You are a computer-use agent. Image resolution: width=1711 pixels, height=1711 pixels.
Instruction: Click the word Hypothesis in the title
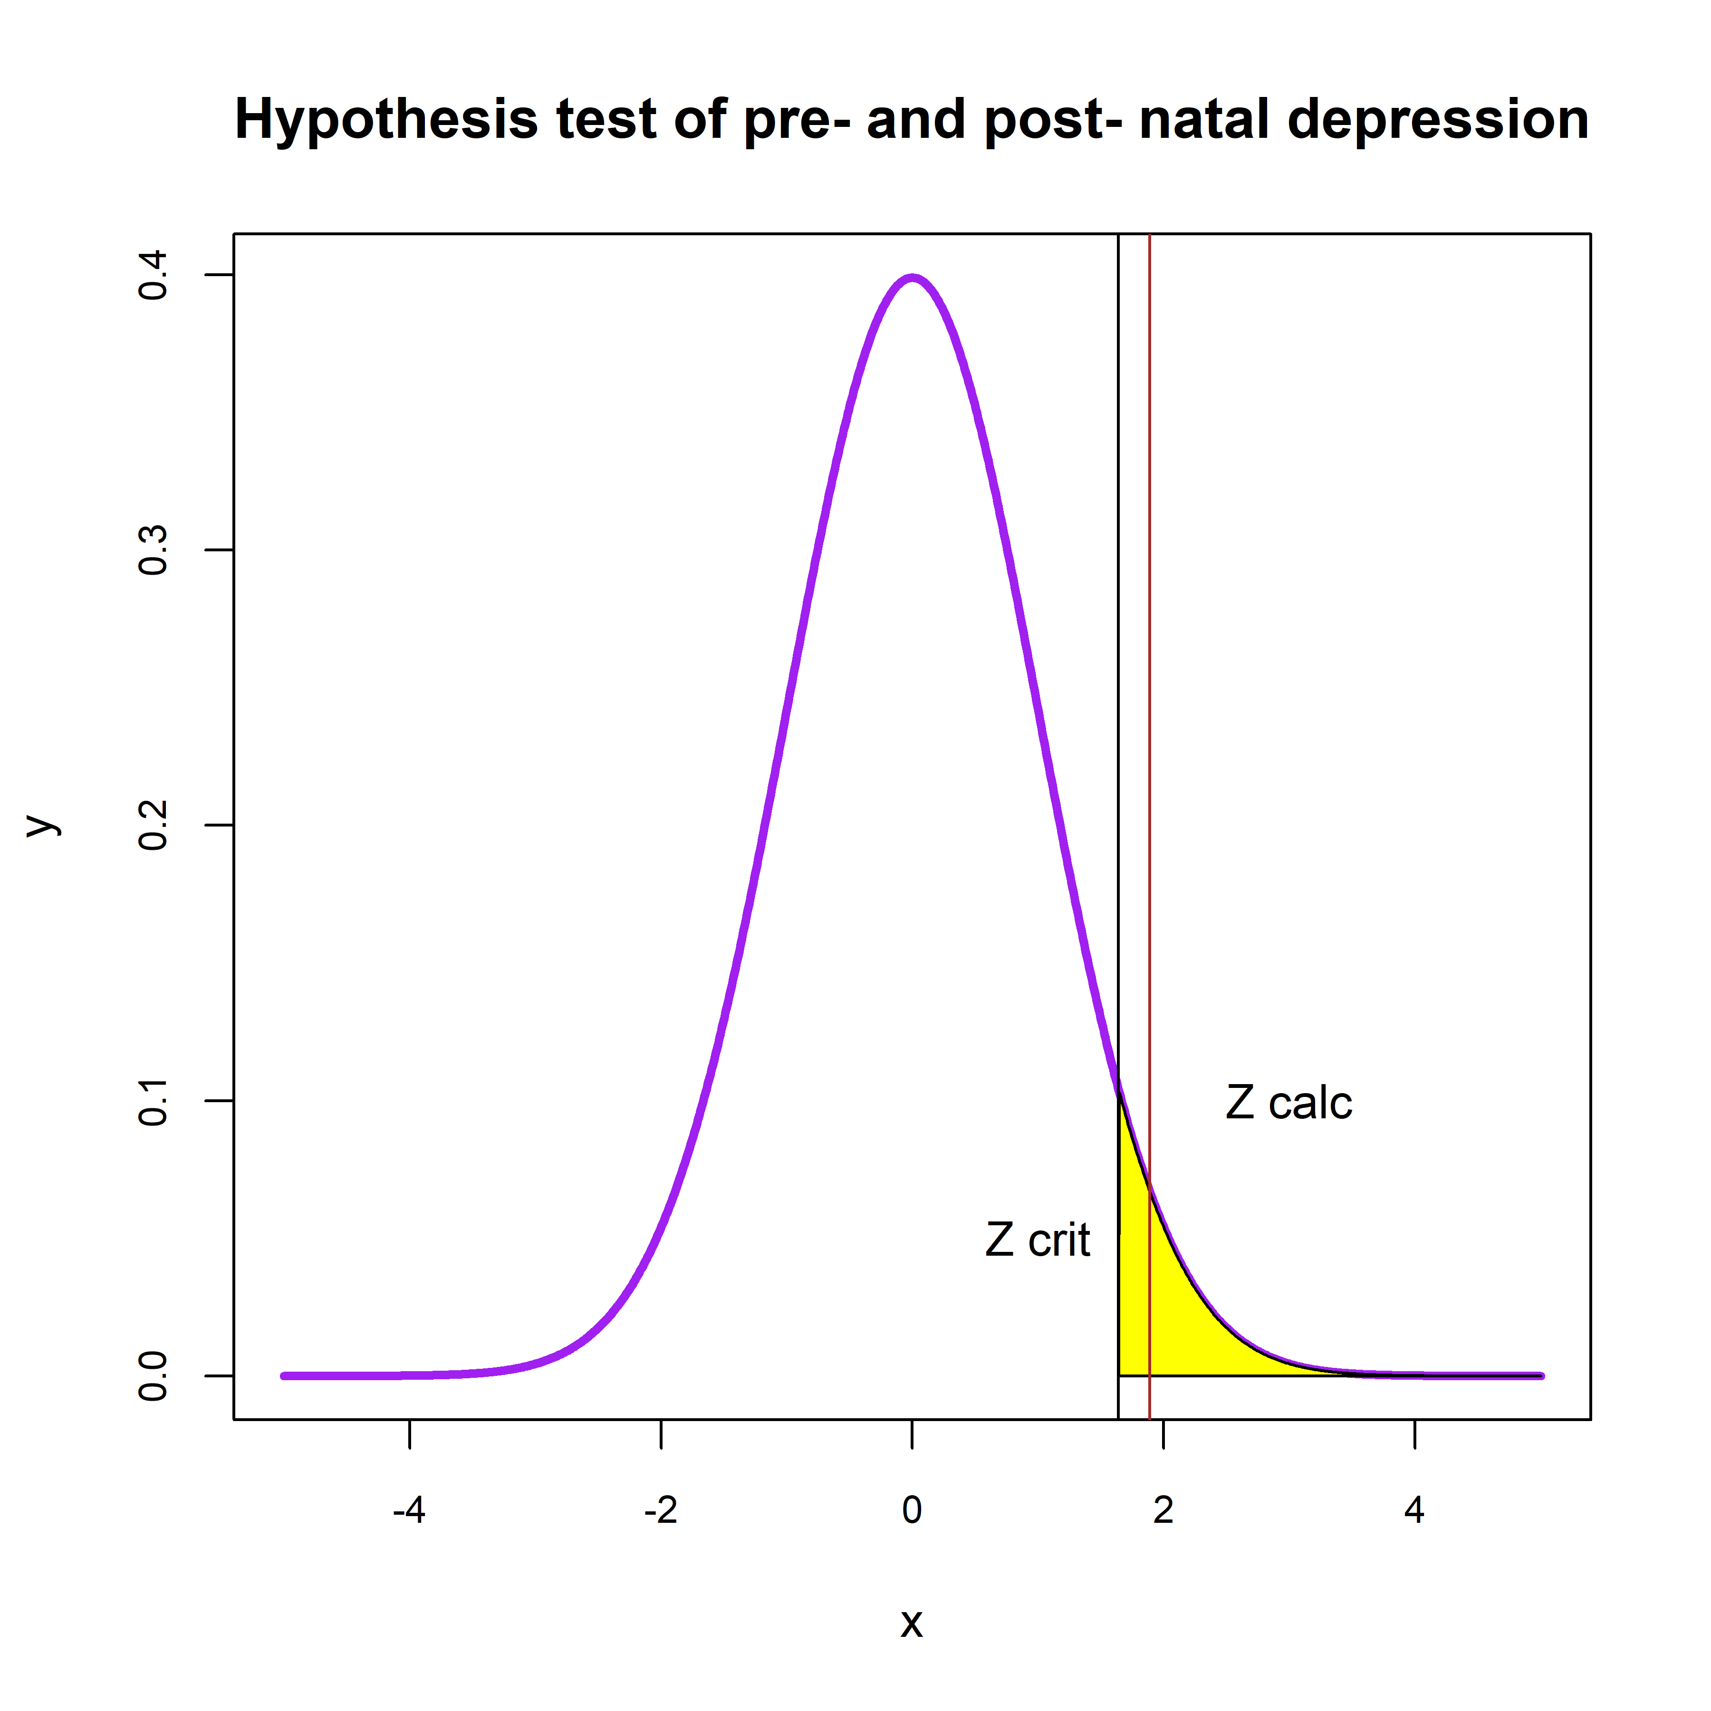385,120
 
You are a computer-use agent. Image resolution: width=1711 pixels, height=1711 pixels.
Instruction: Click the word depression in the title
1437,120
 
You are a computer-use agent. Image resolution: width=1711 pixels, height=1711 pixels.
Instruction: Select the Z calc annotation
1288,1104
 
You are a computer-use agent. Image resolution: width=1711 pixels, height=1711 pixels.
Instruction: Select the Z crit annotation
1037,1241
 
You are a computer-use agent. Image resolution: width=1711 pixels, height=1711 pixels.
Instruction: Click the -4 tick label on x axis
409,1510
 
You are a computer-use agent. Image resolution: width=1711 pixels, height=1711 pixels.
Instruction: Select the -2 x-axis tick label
661,1510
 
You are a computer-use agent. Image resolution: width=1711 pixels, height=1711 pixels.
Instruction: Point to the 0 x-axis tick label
912,1510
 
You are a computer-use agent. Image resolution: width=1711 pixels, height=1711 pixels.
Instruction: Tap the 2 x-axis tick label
1163,1510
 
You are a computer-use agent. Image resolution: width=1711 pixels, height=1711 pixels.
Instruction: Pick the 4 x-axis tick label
1414,1510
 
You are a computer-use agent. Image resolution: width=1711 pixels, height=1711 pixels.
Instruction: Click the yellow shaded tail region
1178,1311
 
